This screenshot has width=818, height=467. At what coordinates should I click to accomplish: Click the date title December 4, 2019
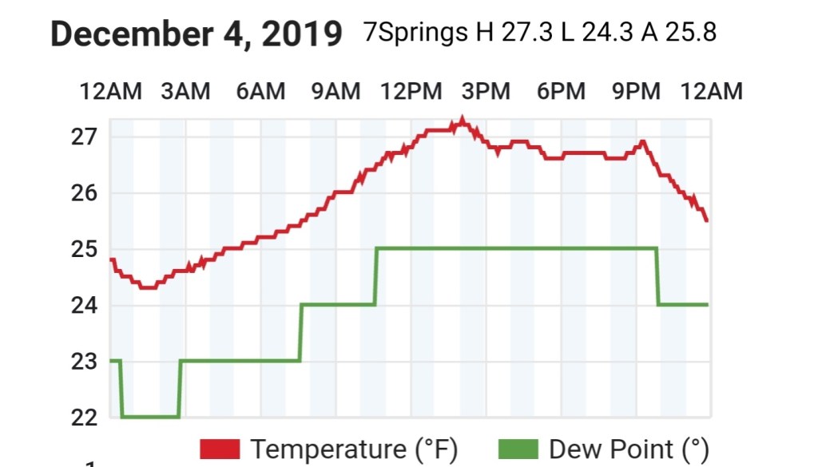click(197, 35)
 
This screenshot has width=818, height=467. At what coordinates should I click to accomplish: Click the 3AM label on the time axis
click(185, 92)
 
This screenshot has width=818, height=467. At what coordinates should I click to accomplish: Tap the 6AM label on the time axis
click(260, 92)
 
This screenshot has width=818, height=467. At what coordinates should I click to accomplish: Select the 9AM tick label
click(336, 92)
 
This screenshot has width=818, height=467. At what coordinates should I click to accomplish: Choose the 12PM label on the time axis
click(411, 92)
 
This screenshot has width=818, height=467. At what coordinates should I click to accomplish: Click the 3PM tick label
click(486, 92)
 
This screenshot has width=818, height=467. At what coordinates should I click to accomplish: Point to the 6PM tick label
click(562, 92)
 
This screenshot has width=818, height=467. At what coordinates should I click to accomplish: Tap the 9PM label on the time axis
click(637, 92)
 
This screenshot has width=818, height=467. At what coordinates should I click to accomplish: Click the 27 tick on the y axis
click(84, 137)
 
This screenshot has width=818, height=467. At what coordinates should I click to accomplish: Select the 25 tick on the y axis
click(84, 249)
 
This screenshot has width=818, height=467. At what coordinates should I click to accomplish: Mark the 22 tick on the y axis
click(84, 418)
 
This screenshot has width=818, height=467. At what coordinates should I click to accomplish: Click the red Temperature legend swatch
click(220, 449)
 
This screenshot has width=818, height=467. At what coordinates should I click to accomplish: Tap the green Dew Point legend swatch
click(519, 449)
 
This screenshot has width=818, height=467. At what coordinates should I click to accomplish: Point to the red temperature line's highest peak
click(461, 121)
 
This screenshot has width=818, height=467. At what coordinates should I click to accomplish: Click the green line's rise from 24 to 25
click(375, 276)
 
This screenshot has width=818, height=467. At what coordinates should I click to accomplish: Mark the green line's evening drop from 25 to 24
click(657, 276)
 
